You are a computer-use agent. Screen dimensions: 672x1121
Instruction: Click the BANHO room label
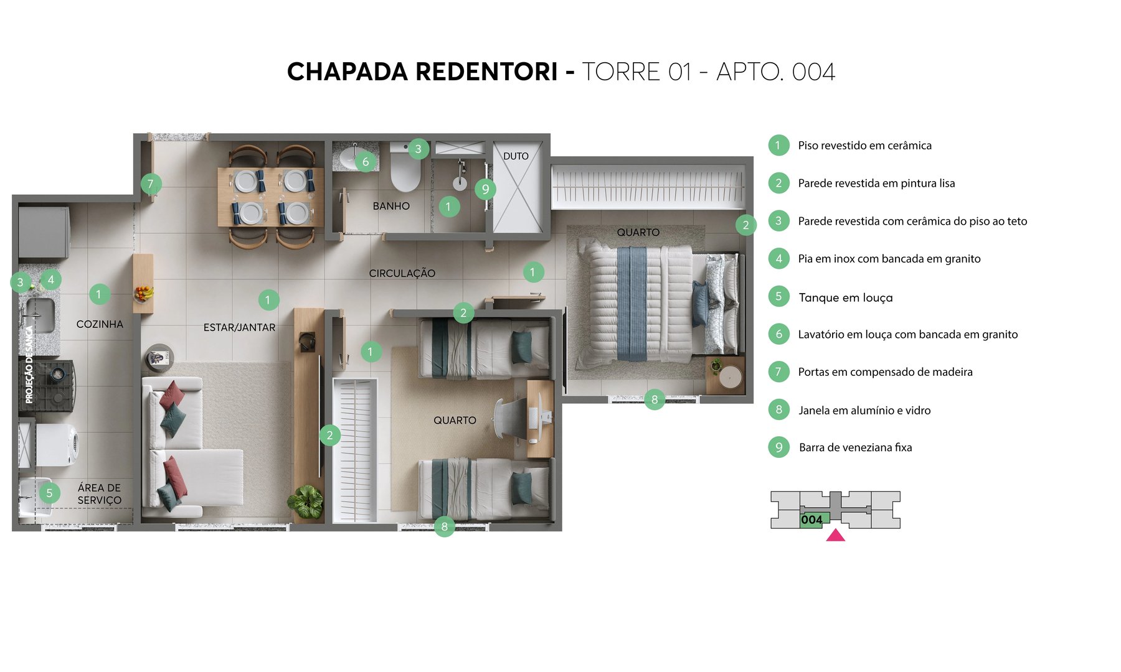click(x=391, y=206)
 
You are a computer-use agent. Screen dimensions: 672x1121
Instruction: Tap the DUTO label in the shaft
click(x=516, y=156)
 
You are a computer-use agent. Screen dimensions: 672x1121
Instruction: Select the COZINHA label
click(x=100, y=324)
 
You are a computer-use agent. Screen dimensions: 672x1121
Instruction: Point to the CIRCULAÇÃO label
click(x=402, y=273)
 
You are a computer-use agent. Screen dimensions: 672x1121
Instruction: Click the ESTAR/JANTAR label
click(x=239, y=327)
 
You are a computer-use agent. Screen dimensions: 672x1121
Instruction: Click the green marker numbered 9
click(x=485, y=189)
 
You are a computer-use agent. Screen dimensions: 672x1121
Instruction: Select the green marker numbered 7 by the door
click(x=150, y=184)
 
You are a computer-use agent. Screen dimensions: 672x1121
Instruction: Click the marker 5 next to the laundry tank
click(x=49, y=493)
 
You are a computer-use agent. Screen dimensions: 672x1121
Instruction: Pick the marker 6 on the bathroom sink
click(x=366, y=162)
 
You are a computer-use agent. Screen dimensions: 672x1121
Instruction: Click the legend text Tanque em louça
click(x=845, y=297)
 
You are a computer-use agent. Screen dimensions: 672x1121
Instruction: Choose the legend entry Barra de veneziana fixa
click(x=855, y=447)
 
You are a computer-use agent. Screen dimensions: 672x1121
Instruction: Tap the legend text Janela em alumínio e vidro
click(x=864, y=410)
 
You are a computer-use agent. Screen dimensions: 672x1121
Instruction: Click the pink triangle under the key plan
click(x=835, y=536)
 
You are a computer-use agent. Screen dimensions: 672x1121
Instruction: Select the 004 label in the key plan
click(x=811, y=520)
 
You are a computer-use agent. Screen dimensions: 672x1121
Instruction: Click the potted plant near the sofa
click(x=306, y=501)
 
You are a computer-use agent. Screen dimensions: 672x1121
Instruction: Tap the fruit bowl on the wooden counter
click(x=143, y=293)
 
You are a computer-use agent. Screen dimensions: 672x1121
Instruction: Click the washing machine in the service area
click(x=57, y=445)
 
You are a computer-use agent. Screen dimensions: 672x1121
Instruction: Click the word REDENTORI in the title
click(x=486, y=72)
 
